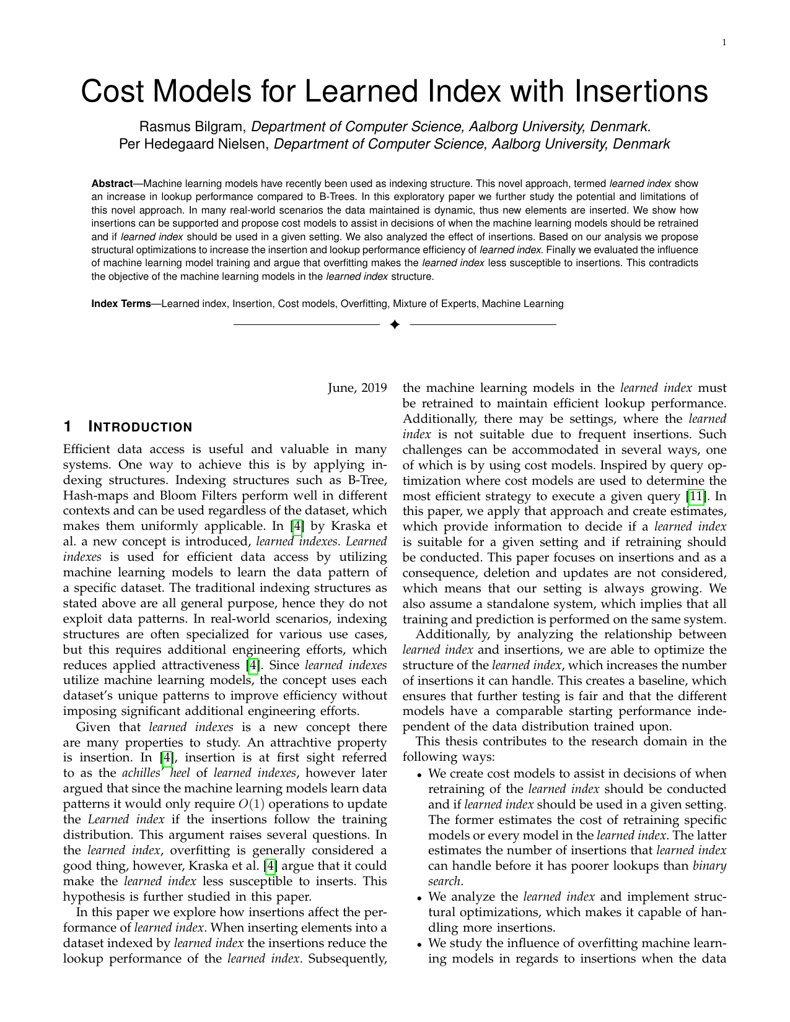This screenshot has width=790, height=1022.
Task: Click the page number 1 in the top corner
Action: tap(724, 42)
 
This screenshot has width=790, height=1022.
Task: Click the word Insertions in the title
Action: tap(641, 92)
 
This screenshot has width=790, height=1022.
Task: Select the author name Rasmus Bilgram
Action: tap(193, 127)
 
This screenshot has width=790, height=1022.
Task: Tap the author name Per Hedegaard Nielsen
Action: tap(193, 144)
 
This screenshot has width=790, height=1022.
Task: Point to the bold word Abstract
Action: tap(112, 184)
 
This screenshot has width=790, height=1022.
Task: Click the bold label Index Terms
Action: tap(121, 304)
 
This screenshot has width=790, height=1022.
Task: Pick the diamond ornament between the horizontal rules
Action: tap(395, 324)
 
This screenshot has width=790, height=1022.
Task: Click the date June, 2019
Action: tap(357, 388)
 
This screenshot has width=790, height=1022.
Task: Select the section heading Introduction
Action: tap(141, 427)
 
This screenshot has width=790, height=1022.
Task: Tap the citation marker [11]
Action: tap(697, 496)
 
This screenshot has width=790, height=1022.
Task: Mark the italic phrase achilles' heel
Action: tap(156, 773)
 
